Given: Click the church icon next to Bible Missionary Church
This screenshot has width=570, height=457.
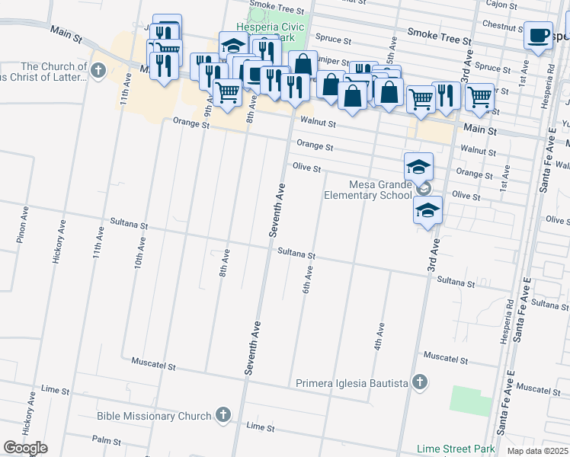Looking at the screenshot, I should pos(223,416).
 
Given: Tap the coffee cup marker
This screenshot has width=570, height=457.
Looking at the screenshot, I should pos(538,36).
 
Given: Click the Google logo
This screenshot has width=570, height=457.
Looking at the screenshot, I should pos(25,448).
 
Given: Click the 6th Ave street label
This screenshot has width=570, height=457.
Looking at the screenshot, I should pos(309,283).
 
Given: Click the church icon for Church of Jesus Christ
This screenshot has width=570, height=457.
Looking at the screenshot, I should pos(97,72).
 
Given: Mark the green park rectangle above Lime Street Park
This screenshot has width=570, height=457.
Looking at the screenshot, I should pos(471,401).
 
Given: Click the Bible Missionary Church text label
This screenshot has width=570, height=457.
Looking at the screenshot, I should pos(154,416).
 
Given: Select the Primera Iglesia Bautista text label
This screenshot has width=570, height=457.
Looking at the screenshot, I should pos(351,382).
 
